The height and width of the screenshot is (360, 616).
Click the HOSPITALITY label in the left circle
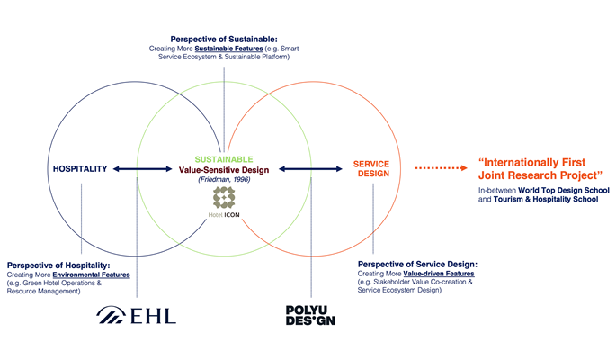tap(80, 168)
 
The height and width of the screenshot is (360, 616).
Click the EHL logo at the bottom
tap(138, 314)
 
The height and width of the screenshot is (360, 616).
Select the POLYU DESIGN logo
tap(309, 315)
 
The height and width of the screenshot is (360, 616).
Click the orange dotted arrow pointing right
tap(441, 167)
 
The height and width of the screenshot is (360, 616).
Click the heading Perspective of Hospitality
tap(58, 265)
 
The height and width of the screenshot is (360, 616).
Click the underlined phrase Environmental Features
tap(93, 275)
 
